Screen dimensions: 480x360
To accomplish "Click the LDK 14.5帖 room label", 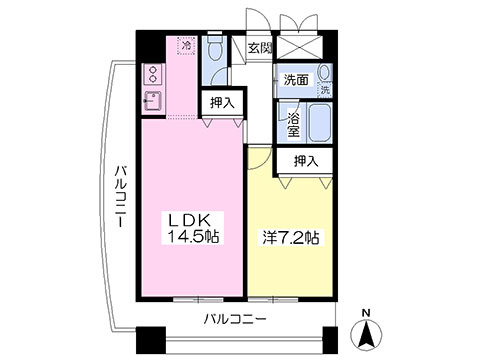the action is coord(193,228).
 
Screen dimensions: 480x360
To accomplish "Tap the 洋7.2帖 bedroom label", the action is coord(291,238).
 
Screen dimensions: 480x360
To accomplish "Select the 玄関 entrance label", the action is coord(260,49).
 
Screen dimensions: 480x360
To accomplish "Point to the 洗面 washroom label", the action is coord(296,80).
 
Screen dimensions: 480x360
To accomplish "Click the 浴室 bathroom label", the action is coord(293,124).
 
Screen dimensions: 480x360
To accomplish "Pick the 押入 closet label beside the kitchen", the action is coord(222,103).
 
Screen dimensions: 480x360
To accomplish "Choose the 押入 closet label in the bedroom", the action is coord(306,161).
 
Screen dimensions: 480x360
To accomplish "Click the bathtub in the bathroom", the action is coord(320,123).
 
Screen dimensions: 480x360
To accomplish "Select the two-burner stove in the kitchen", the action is coord(153,74).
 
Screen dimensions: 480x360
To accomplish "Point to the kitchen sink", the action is coord(153,102).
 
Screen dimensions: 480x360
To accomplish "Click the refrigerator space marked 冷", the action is coord(188,45).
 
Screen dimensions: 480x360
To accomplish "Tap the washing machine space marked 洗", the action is coord(325,89).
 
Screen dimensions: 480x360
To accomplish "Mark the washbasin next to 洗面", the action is coord(324,72).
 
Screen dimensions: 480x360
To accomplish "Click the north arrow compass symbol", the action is coord(366,334).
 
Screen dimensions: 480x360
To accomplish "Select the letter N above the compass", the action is coord(366,313).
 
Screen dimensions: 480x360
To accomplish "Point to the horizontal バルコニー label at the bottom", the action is coord(235,320).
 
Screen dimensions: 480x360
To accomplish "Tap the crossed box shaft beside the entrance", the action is coord(299,45).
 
